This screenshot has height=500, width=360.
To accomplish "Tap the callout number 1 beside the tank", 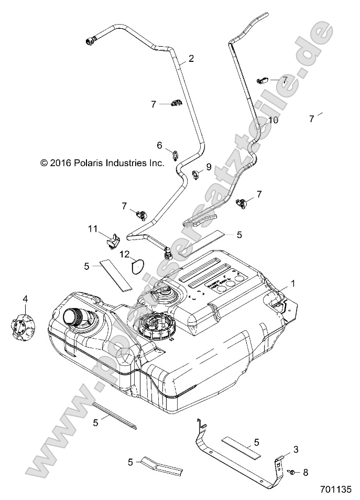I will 293,284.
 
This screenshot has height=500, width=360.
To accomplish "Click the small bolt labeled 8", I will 291,472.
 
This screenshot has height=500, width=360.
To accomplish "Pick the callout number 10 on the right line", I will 274,120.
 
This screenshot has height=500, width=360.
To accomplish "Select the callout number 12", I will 124,254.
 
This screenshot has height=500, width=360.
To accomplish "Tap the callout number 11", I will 93,229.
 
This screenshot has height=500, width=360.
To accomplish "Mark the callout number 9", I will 209,167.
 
